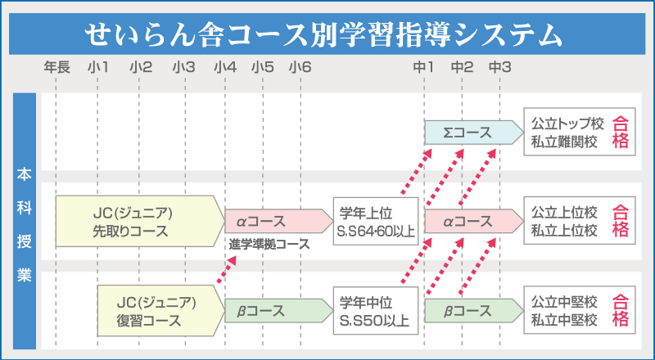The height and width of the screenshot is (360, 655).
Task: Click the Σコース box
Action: pos(474,133)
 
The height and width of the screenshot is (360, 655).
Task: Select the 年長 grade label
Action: pos(56,67)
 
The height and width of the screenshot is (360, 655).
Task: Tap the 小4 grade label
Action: pos(225,67)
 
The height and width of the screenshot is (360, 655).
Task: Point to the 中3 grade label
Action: pos(500,67)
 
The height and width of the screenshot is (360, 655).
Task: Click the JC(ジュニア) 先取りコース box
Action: pos(140,221)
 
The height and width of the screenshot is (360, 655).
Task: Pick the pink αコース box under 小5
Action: pos(279,221)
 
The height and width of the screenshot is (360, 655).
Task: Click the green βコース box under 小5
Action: pos(279,311)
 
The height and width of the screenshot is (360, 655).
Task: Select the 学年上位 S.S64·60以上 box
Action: pos(376,222)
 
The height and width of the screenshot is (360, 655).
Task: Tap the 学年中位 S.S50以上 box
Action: pos(376,311)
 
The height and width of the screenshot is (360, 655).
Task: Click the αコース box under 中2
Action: pos(474,221)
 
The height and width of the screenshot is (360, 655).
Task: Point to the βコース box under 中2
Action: pos(474,311)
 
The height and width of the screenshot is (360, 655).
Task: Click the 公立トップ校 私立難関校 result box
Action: pos(580,132)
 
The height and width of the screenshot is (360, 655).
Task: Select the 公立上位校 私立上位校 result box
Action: pos(580,221)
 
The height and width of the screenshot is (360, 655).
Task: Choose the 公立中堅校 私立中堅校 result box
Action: pos(580,310)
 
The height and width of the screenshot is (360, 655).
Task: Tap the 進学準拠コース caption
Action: pos(269,245)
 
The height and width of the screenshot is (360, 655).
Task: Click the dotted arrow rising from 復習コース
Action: pos(227,270)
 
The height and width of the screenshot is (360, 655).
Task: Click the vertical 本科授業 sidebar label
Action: pos(25,226)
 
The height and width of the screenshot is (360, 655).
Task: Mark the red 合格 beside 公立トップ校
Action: pos(621,132)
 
